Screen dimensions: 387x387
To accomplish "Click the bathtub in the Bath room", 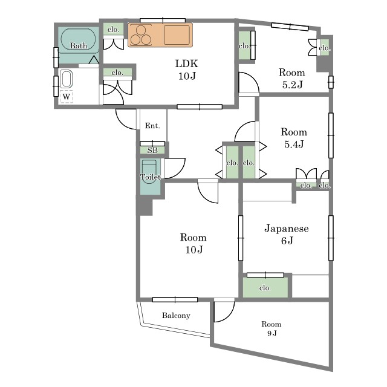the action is (78, 39).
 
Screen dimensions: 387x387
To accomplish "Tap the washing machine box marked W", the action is (66, 97).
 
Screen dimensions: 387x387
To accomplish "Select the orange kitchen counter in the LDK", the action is (160, 35).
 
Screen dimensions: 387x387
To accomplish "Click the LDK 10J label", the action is (187, 70).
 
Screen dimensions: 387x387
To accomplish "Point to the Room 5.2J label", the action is (291, 79).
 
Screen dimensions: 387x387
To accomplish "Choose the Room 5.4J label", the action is (294, 138).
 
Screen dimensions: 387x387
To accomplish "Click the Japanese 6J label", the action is (287, 234).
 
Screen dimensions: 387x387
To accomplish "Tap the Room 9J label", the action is (272, 328).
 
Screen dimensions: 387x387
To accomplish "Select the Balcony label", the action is (176, 316).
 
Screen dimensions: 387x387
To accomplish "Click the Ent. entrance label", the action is (152, 126).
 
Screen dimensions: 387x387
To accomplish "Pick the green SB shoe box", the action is (152, 150).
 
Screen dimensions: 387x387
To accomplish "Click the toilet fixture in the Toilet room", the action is (149, 171).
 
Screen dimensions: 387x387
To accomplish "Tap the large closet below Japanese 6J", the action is (265, 287).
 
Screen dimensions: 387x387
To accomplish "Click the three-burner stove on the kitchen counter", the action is (141, 35).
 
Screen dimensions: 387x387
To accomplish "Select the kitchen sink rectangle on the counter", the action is (177, 35).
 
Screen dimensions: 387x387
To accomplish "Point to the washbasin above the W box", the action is (67, 79).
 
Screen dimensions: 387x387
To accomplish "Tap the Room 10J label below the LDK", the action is (193, 243).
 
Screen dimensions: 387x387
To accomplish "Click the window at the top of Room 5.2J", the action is (290, 27).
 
